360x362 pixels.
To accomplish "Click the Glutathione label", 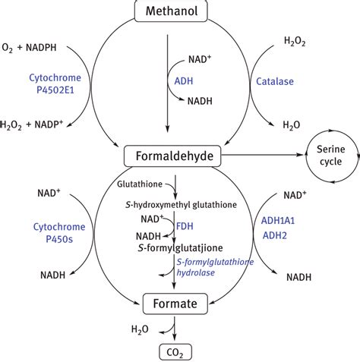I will point(140,184).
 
